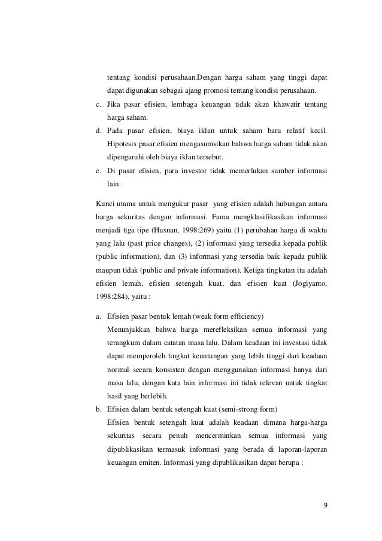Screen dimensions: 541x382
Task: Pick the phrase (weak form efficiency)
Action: (236, 316)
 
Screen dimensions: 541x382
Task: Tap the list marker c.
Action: (99, 105)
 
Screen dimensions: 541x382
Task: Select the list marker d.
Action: (99, 131)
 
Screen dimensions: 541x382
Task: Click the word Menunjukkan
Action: (128, 329)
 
